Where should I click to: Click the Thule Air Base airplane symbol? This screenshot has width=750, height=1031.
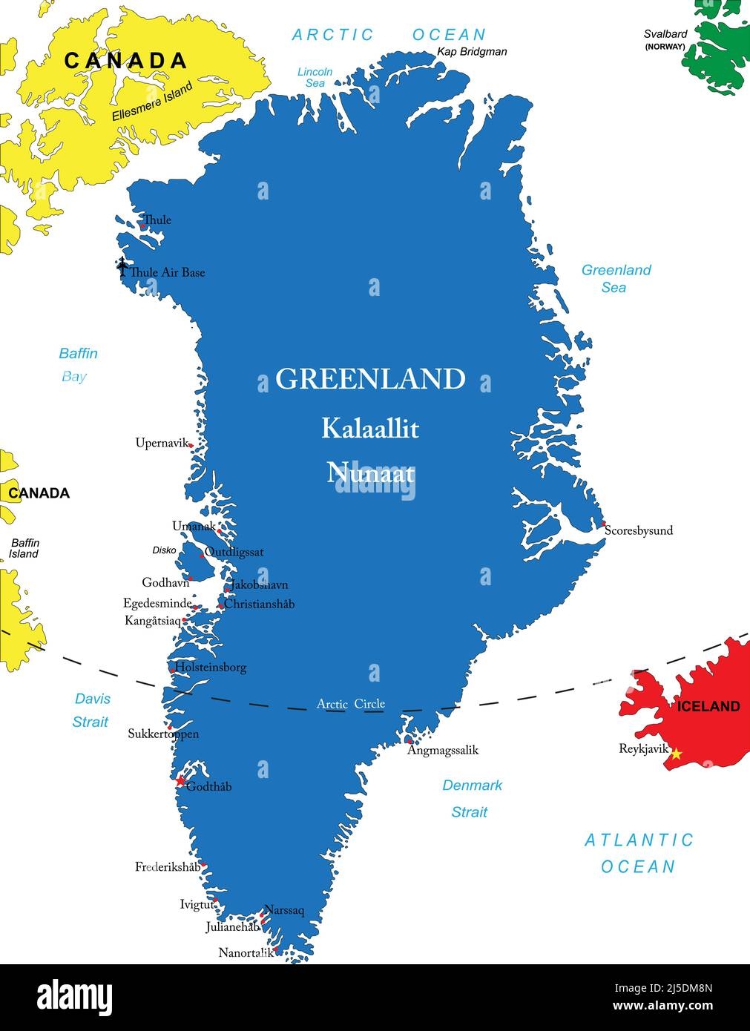point(122,266)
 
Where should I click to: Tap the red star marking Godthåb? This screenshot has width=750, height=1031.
point(180,781)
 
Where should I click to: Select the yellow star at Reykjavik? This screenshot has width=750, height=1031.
point(676,754)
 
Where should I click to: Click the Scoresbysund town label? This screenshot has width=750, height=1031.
point(639,530)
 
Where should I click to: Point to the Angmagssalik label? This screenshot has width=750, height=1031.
point(443,750)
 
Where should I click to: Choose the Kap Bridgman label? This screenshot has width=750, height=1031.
point(472,51)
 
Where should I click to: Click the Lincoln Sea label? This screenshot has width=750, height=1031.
point(315,77)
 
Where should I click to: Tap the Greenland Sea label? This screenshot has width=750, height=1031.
point(616,278)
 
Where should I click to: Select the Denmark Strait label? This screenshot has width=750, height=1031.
point(472,798)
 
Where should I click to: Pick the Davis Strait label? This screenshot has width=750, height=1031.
point(91,710)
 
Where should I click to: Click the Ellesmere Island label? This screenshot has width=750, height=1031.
point(152,102)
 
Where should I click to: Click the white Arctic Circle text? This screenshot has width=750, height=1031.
point(350,704)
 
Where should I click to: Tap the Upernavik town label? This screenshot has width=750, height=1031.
point(161,444)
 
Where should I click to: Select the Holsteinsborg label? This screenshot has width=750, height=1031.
point(211,667)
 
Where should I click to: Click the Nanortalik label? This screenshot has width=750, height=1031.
point(245,952)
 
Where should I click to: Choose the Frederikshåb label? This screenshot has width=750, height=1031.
point(168,866)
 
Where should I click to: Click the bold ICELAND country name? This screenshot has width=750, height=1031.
point(708,706)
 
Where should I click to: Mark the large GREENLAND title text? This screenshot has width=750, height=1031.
point(370,379)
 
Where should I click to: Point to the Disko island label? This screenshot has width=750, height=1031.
point(164,550)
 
